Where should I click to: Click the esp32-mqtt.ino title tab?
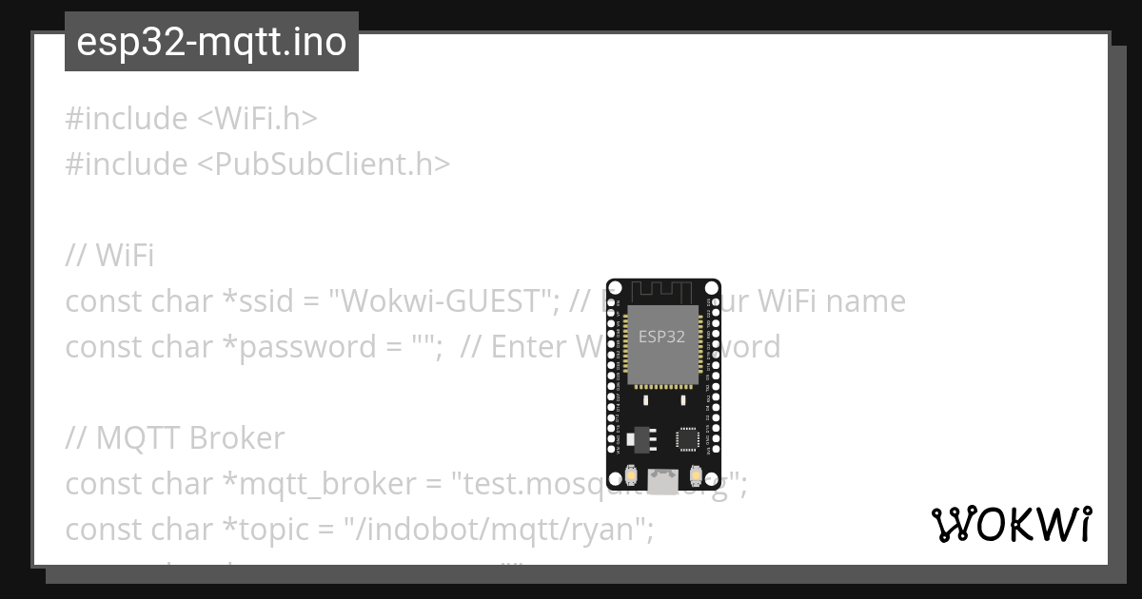click(x=211, y=42)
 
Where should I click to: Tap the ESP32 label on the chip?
click(x=661, y=336)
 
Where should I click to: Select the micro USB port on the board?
click(x=663, y=480)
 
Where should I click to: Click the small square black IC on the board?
click(x=687, y=438)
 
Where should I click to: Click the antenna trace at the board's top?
click(x=663, y=289)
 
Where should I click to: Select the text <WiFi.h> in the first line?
click(x=257, y=119)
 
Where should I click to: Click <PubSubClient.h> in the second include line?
click(x=324, y=164)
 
